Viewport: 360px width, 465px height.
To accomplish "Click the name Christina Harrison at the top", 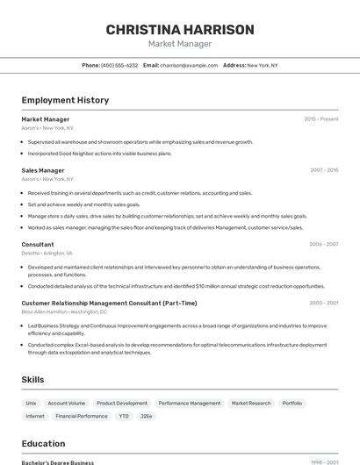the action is pyautogui.click(x=180, y=29).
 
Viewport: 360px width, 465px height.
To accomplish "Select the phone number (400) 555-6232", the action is pyautogui.click(x=119, y=65).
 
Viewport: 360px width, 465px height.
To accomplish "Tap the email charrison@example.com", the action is pyautogui.click(x=188, y=65).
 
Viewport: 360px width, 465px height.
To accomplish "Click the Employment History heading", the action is pyautogui.click(x=65, y=100).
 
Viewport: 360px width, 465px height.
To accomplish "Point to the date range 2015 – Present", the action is pyautogui.click(x=320, y=119).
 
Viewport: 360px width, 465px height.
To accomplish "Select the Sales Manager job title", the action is pyautogui.click(x=43, y=170).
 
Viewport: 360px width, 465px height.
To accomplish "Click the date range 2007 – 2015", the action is pyautogui.click(x=324, y=170).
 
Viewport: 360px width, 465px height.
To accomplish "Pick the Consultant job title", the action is pyautogui.click(x=38, y=244).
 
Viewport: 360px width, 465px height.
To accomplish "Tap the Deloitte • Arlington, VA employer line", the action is pyautogui.click(x=47, y=253).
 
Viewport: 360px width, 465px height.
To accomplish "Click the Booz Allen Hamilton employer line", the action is pyautogui.click(x=64, y=311).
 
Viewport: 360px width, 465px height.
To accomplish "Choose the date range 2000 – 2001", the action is pyautogui.click(x=324, y=303).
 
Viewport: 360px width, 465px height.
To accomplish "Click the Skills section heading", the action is pyautogui.click(x=33, y=379).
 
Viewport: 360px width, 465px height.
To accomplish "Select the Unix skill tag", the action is pyautogui.click(x=31, y=404).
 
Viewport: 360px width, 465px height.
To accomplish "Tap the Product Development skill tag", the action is pyautogui.click(x=122, y=404).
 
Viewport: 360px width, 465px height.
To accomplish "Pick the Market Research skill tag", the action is pyautogui.click(x=251, y=404).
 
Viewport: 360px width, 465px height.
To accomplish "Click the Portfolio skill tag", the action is pyautogui.click(x=292, y=404).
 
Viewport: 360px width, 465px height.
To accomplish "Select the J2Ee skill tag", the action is pyautogui.click(x=147, y=416).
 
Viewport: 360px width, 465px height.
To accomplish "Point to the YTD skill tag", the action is pyautogui.click(x=124, y=416).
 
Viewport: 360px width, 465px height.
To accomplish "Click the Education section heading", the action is pyautogui.click(x=44, y=443).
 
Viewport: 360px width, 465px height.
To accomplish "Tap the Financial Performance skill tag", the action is pyautogui.click(x=82, y=416).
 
